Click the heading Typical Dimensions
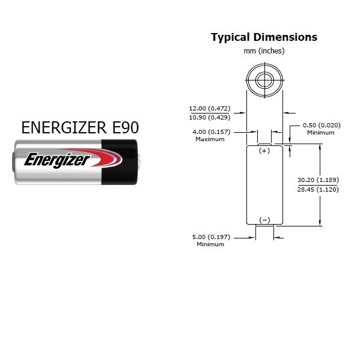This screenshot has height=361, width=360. point(264,37)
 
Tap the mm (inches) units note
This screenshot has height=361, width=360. point(264,50)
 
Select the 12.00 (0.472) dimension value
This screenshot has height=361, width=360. point(210,108)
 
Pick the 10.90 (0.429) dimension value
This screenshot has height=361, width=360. point(210,117)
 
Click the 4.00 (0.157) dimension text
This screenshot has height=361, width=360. point(212,132)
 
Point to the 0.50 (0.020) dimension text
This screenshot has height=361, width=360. point(322,126)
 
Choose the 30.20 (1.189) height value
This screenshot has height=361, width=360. point(318,180)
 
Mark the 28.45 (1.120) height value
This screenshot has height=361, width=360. point(318,189)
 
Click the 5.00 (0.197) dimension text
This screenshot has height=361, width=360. point(211,237)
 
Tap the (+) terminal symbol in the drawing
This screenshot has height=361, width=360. point(264,151)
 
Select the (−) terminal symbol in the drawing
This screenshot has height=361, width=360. point(264,220)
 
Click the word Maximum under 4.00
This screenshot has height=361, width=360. point(210,139)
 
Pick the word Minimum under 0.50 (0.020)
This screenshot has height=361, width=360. point(320,132)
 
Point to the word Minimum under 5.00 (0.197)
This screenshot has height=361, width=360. point(210,244)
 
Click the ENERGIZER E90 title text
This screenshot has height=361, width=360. point(80,127)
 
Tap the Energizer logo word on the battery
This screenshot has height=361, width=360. point(57,160)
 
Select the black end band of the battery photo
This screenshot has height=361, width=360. point(120,162)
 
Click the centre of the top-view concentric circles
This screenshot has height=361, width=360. point(264,80)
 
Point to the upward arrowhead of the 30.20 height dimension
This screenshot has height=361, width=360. point(320,147)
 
